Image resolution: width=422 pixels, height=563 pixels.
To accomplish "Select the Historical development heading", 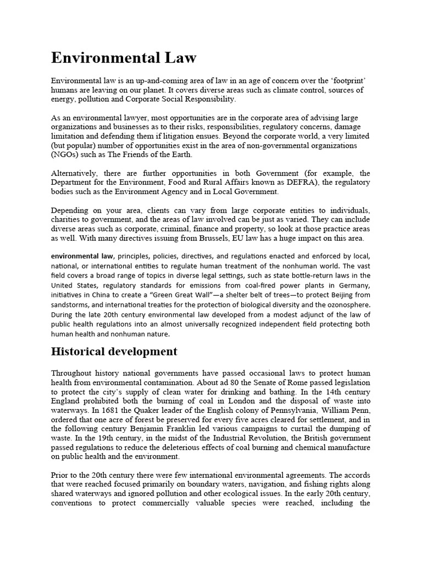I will click(114, 351).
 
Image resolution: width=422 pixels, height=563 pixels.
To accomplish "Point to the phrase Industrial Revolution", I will click(224, 438).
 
